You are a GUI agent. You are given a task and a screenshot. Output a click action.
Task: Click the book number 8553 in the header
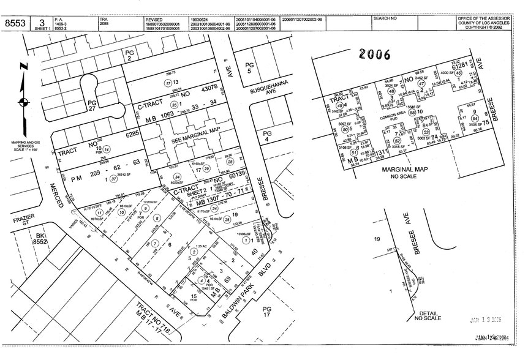pyautogui.click(x=15, y=23)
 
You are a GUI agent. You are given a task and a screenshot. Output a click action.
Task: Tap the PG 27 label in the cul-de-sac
pyautogui.click(x=93, y=105)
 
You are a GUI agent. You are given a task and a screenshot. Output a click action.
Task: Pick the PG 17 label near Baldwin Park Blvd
pyautogui.click(x=266, y=310)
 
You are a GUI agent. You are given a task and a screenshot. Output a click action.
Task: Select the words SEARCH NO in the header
pyautogui.click(x=386, y=19)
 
